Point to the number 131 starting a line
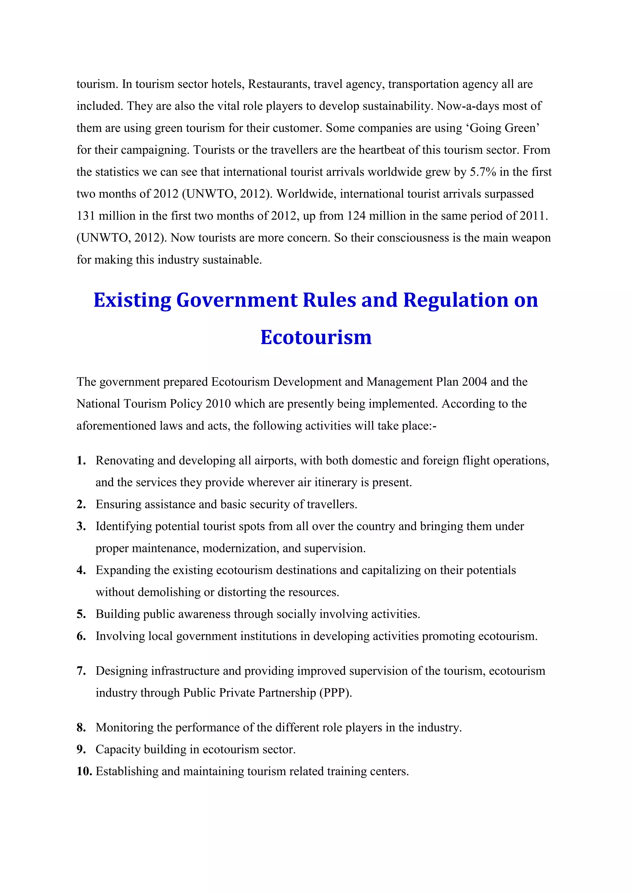pyautogui.click(x=85, y=216)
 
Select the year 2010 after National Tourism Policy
pyautogui.click(x=218, y=404)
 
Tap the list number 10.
pyautogui.click(x=84, y=771)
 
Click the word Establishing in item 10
pyautogui.click(x=127, y=771)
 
